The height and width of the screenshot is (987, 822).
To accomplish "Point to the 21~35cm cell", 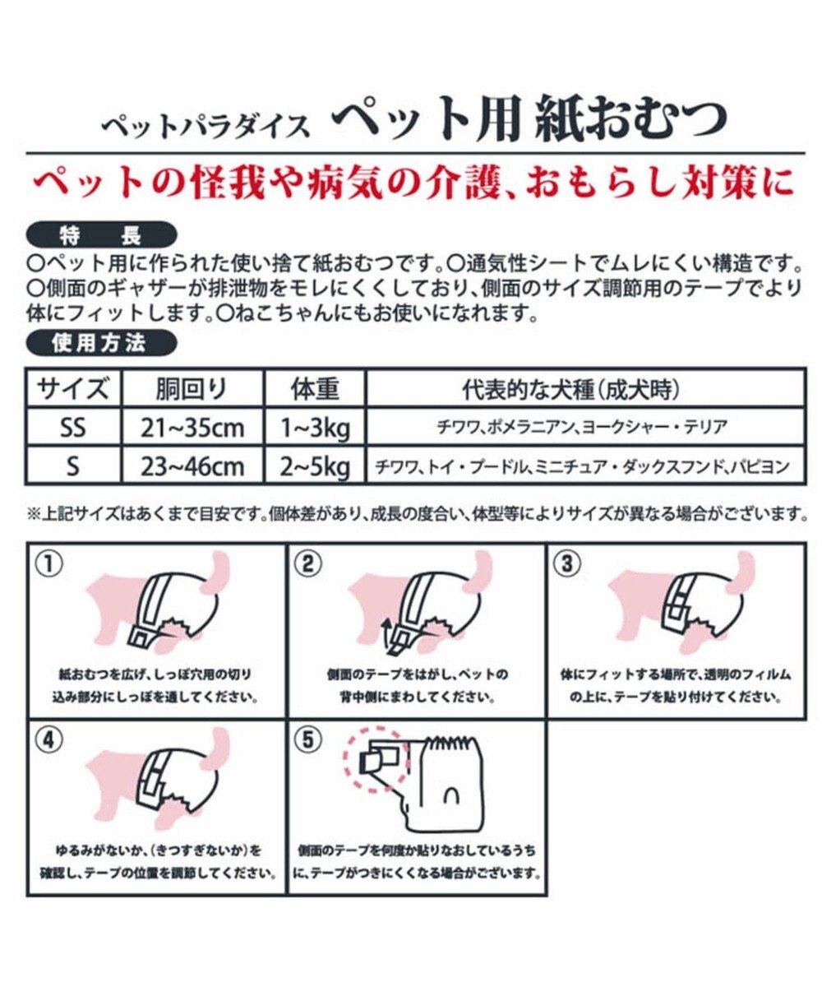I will (x=192, y=428).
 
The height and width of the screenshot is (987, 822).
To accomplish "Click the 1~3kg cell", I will (x=315, y=428).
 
